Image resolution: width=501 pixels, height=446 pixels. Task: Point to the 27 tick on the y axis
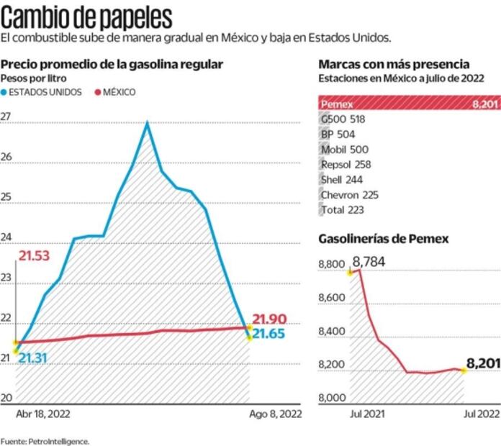click(6, 117)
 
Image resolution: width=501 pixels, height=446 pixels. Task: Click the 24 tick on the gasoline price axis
click(6, 238)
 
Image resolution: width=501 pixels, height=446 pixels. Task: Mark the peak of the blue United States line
click(147, 122)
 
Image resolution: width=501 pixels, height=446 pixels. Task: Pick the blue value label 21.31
click(34, 358)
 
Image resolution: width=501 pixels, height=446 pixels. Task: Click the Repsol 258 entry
click(341, 164)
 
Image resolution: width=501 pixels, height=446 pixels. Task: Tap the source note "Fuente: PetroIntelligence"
click(45, 440)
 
